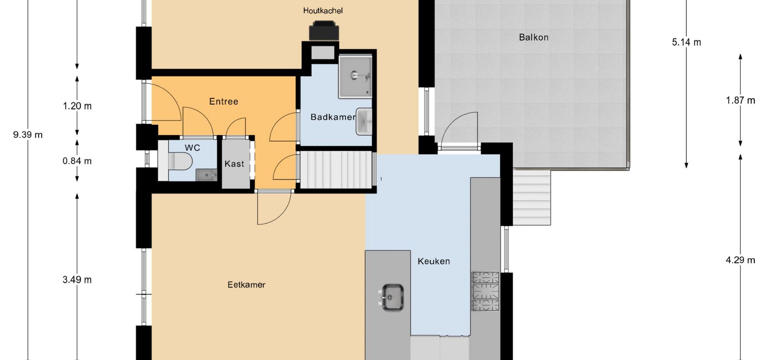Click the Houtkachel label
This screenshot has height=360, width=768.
click(x=323, y=11)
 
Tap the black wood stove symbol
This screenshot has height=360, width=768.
click(x=324, y=31)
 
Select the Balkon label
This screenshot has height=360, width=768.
click(x=534, y=37)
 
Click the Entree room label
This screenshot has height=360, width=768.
click(x=224, y=102)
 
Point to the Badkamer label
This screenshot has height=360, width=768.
click(x=333, y=117)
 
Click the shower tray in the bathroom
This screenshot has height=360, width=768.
click(x=355, y=77)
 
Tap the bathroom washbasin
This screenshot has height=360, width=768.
click(x=364, y=122)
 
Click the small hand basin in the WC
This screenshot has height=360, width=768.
click(x=206, y=175)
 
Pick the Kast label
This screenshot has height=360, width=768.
click(x=234, y=164)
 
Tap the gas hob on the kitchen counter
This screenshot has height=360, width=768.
click(x=486, y=291)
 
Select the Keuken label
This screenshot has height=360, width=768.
click(x=434, y=261)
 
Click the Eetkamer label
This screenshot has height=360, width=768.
click(x=246, y=285)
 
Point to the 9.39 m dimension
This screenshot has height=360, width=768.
click(x=28, y=135)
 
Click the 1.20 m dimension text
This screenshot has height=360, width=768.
click(x=77, y=106)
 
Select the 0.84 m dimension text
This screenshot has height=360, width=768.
click(x=77, y=161)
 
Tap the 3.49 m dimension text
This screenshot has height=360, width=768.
click(x=77, y=280)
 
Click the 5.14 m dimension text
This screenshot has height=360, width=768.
click(x=686, y=42)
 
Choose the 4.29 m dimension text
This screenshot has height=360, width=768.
click(x=740, y=260)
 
